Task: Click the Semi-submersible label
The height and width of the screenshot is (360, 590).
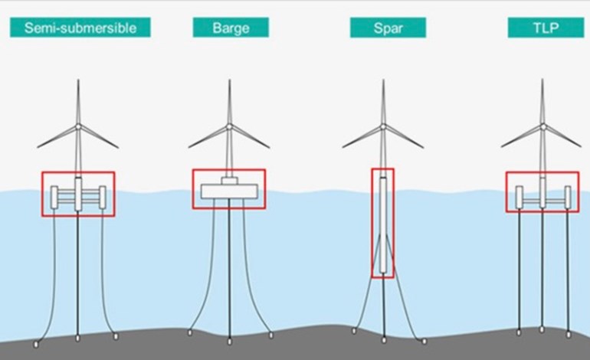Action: coord(80,28)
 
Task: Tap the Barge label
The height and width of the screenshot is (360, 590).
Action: coord(231,28)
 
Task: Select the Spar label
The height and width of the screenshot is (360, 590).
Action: coord(388,28)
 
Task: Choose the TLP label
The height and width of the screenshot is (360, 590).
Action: coord(546,28)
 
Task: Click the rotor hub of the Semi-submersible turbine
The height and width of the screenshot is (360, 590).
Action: coord(78,127)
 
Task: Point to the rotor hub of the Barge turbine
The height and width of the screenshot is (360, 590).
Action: coord(229,127)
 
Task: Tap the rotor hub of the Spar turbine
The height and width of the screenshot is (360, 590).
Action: coord(383,127)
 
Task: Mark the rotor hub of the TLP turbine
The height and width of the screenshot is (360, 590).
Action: coord(542,127)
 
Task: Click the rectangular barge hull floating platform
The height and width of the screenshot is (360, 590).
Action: coord(229,191)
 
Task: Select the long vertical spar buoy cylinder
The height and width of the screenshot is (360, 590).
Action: coord(383,225)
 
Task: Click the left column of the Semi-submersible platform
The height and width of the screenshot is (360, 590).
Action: coord(54,197)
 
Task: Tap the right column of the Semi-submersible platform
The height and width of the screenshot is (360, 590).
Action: coord(103,197)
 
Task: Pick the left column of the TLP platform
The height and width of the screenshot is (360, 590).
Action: coord(520,197)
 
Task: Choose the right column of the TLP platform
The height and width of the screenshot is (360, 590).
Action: coord(568,197)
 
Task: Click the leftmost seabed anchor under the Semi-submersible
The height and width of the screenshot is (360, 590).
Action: coord(36,344)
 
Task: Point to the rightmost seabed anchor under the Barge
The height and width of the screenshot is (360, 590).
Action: coord(271,335)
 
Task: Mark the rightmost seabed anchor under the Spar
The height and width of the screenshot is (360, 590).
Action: coord(424,341)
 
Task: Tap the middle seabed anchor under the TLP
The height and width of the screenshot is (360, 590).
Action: coord(542,329)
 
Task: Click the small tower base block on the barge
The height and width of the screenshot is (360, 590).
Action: coord(229,181)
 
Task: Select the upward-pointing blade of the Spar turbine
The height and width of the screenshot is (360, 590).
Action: coord(383,102)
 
